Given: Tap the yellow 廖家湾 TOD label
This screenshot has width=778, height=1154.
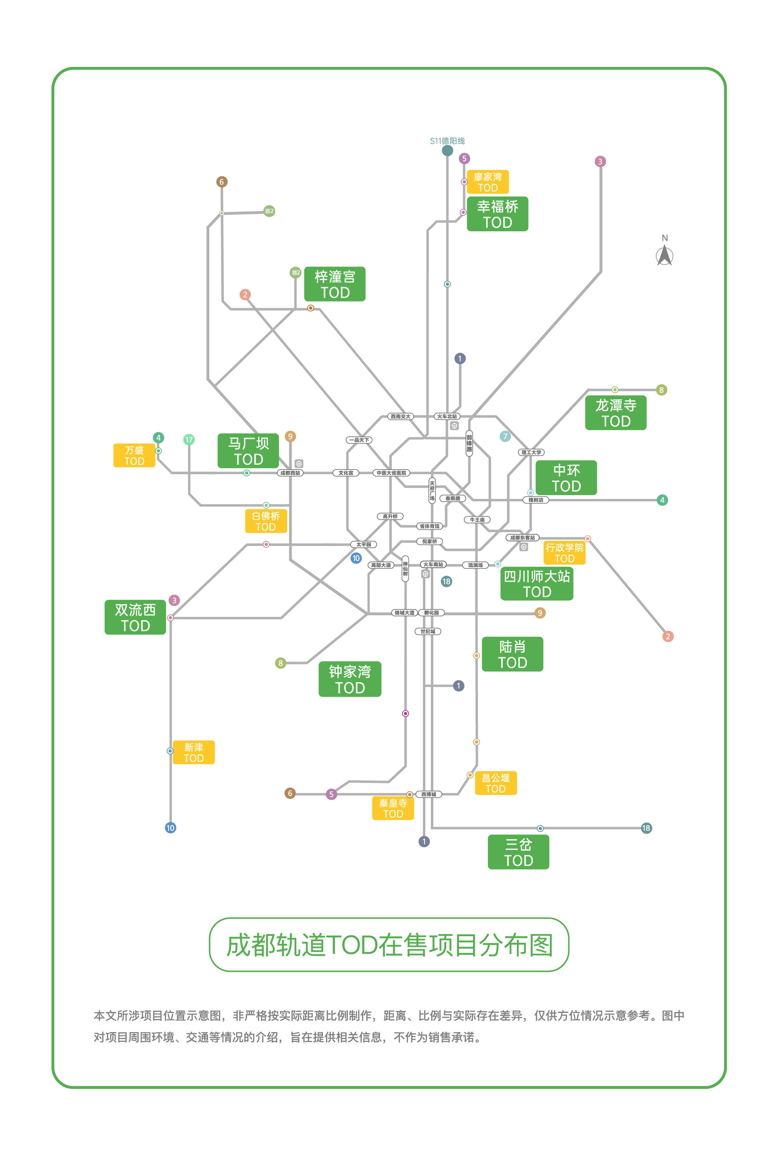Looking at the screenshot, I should click(487, 182).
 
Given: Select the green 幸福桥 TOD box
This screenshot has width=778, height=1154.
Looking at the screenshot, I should click(497, 214).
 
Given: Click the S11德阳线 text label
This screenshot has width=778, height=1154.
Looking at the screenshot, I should click(447, 141).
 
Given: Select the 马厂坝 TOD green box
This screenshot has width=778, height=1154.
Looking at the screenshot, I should click(248, 451).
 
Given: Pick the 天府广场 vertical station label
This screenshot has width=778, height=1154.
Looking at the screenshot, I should click(432, 490).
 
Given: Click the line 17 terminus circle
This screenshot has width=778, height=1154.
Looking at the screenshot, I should click(189, 439).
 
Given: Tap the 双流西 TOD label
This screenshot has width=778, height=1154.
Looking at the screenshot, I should click(135, 617).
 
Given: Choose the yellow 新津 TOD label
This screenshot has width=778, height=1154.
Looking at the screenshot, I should click(193, 752).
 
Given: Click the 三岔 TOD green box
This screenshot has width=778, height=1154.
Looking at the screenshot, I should click(518, 852).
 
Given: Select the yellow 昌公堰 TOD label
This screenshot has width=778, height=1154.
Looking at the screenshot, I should click(495, 783).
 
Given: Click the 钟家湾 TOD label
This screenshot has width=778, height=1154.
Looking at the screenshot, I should click(350, 679).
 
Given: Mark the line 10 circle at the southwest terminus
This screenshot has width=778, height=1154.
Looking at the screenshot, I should click(170, 828).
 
